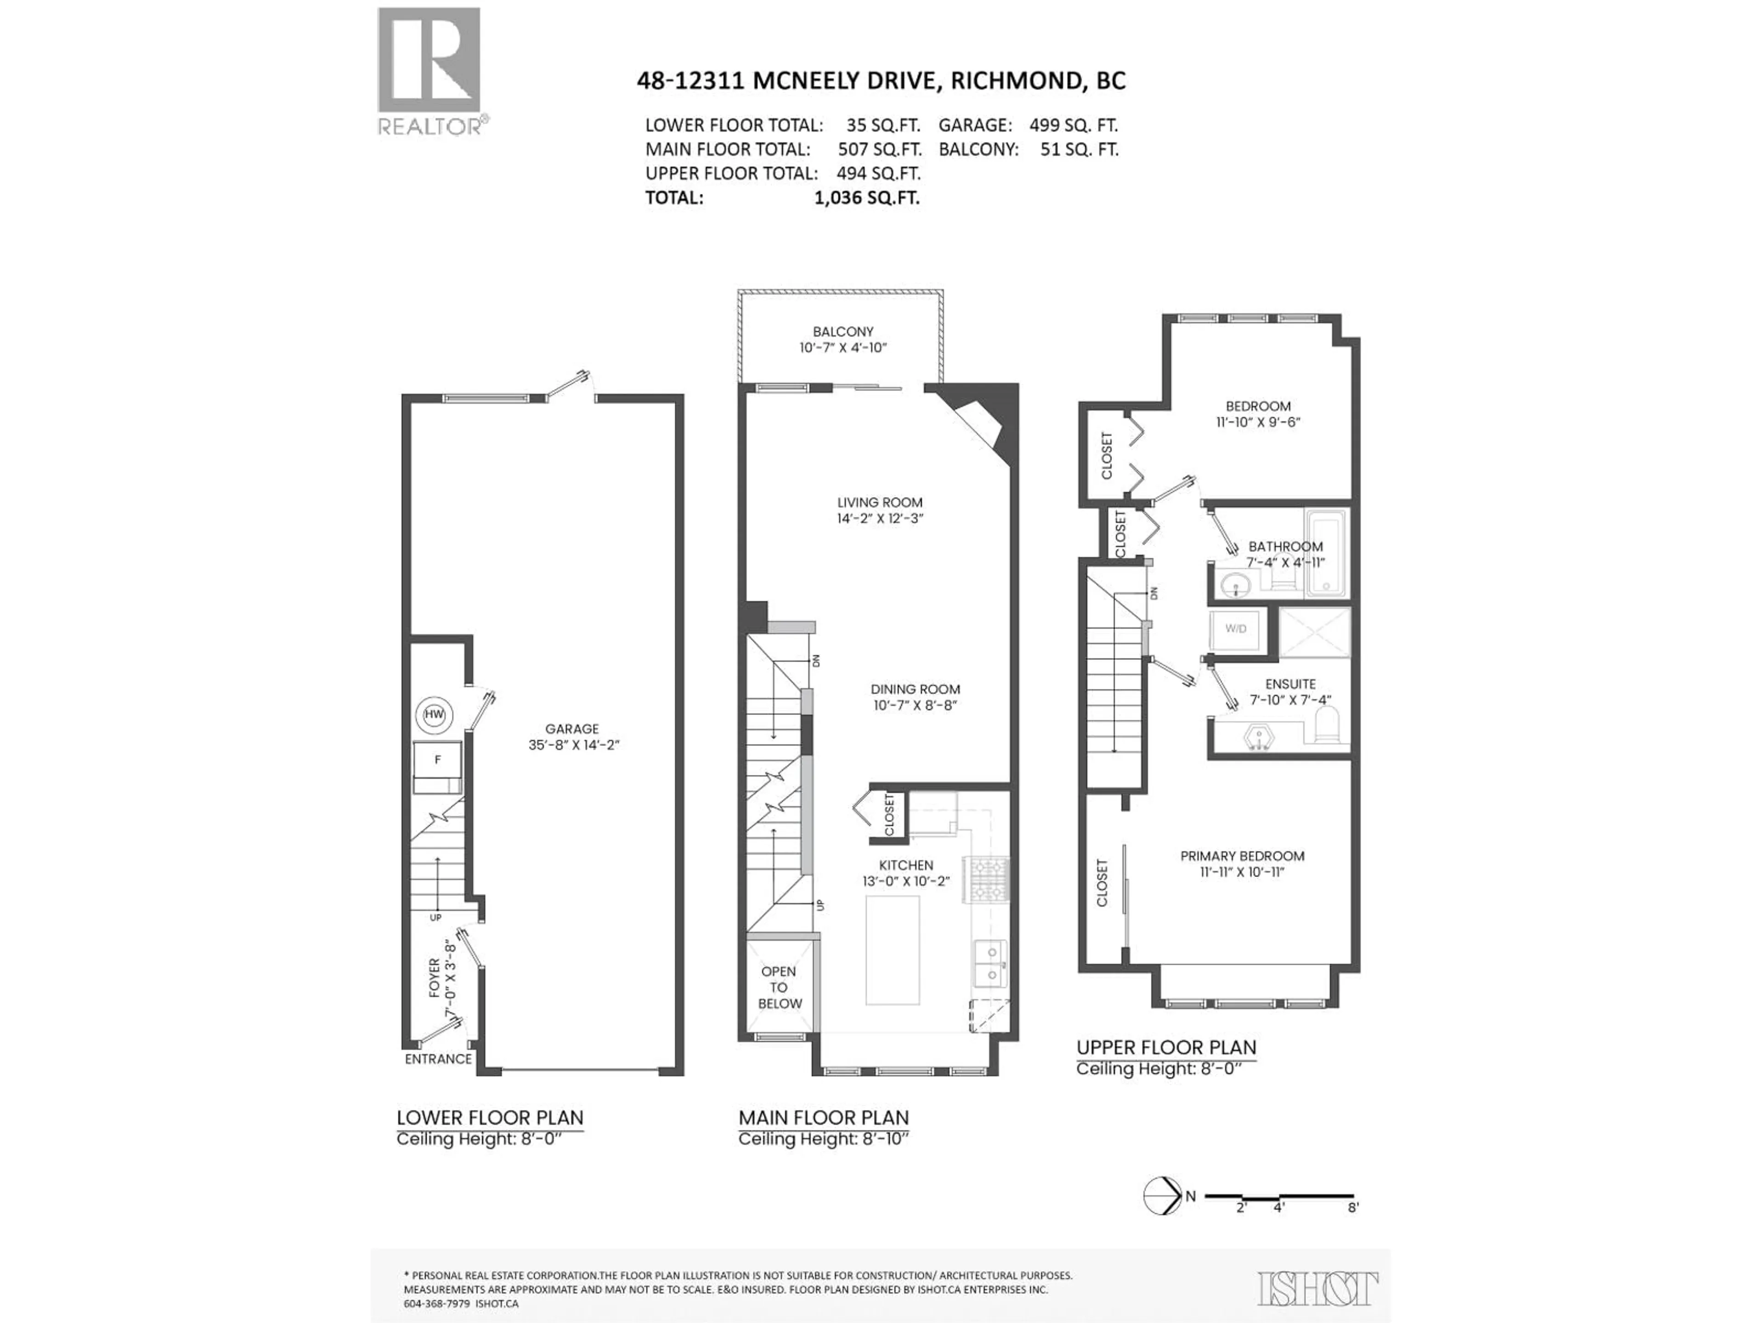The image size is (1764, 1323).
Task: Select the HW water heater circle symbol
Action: coord(434,714)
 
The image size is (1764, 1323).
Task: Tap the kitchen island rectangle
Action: coord(893,950)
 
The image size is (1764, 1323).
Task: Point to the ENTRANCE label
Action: coord(438,1059)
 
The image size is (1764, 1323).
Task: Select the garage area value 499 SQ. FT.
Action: coord(1073,125)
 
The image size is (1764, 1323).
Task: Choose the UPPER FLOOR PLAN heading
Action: coord(1166,1047)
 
